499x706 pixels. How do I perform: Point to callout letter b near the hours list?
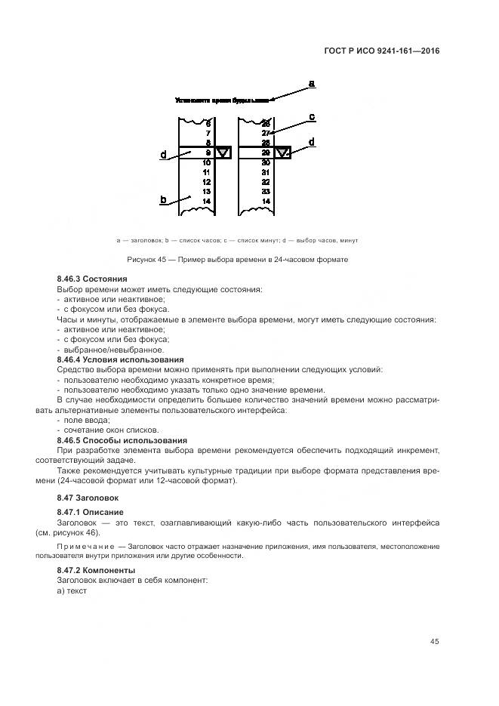pos(162,199)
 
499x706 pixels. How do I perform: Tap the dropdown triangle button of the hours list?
pos(223,153)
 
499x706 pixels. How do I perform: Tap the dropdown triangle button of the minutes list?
pos(282,153)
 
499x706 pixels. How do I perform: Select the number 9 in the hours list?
pos(207,153)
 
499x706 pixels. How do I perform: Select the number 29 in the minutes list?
pos(265,153)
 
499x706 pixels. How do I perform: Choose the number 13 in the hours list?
pos(206,192)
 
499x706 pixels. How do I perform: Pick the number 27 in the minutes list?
pos(265,133)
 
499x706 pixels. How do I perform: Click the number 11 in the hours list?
pos(206,172)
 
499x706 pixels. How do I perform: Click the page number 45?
pos(434,641)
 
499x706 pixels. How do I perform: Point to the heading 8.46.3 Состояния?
pos(92,279)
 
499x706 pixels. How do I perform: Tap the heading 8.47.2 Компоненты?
pos(96,570)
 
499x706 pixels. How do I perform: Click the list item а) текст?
pos(72,590)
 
